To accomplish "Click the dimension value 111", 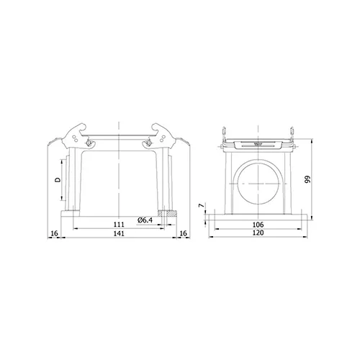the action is pyautogui.click(x=119, y=225).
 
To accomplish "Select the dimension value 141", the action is pyautogui.click(x=119, y=233).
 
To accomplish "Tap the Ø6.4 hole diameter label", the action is pyautogui.click(x=145, y=220).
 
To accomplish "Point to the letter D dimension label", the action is pyautogui.click(x=58, y=180).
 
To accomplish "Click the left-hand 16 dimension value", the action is pyautogui.click(x=55, y=233).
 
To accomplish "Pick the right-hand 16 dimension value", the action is pyautogui.click(x=183, y=233).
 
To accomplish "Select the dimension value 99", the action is pyautogui.click(x=307, y=179).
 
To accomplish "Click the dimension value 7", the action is pyautogui.click(x=202, y=205).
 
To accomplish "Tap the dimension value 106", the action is pyautogui.click(x=258, y=225).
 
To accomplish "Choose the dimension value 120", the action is pyautogui.click(x=258, y=233).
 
